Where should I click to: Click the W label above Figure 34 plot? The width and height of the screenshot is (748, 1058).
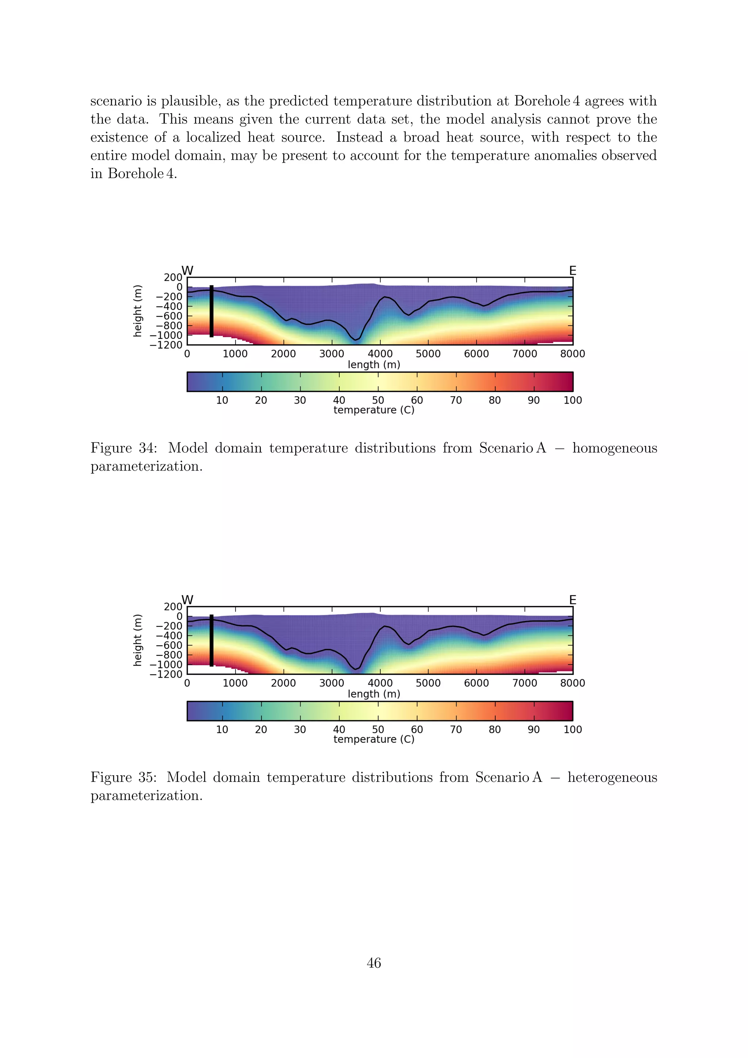pos(187,270)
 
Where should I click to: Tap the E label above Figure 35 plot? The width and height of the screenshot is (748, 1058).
pos(573,600)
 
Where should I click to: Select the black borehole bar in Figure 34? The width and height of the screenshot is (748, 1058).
pos(211,311)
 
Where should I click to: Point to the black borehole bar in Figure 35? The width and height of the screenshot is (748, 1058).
pos(211,640)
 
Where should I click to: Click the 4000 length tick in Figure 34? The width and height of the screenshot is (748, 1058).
pos(380,354)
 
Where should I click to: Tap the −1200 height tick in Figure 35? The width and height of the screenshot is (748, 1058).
pos(166,674)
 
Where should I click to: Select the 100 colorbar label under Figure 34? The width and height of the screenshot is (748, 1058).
pos(573,400)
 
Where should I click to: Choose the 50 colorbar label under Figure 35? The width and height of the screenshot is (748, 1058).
pos(378,730)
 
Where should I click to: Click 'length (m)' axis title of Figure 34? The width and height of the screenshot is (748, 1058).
pos(374,365)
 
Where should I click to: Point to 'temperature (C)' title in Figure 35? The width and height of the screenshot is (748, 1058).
pos(374,739)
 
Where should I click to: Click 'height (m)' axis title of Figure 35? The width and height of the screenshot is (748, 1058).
pos(137,640)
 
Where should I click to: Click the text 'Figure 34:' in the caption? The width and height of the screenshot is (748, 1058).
pos(123,448)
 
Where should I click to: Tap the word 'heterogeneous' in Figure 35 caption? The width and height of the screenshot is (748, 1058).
pos(612,777)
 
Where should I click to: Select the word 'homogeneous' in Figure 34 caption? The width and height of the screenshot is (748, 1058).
pos(614,448)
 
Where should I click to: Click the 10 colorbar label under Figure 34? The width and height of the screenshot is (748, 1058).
pos(222,400)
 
